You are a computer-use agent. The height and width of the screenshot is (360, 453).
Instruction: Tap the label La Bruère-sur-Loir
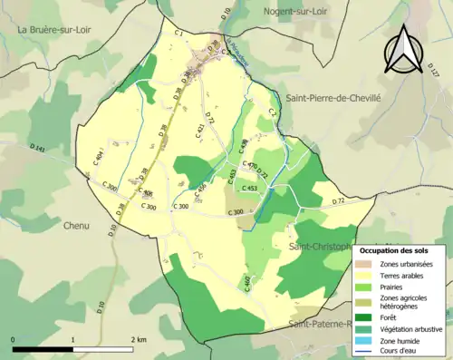(56, 30)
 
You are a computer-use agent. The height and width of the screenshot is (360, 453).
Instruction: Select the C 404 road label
(98, 161)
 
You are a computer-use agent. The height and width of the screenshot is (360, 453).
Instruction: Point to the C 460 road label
(247, 284)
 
